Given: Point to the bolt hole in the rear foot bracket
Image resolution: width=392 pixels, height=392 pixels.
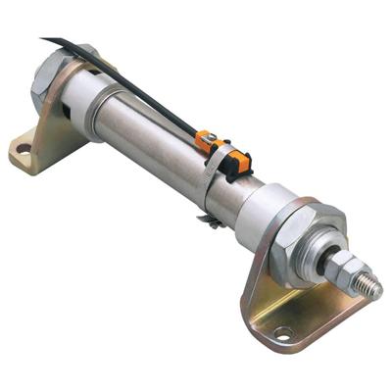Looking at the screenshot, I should (23, 149).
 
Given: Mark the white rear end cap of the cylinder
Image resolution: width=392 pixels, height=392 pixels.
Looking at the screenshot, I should (78, 93).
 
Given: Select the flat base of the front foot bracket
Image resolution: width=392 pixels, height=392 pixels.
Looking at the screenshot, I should (294, 328).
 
